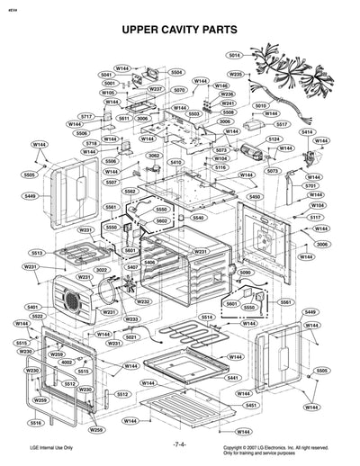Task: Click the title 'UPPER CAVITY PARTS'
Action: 179,31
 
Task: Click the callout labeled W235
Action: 235,74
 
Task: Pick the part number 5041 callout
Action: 106,75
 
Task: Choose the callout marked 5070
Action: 179,90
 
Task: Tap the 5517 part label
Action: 281,123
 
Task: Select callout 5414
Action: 307,132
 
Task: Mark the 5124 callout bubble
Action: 274,139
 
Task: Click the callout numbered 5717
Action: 86,117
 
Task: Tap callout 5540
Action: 197,218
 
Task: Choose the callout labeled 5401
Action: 33,307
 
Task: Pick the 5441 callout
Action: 232,378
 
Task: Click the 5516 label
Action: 36,422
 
